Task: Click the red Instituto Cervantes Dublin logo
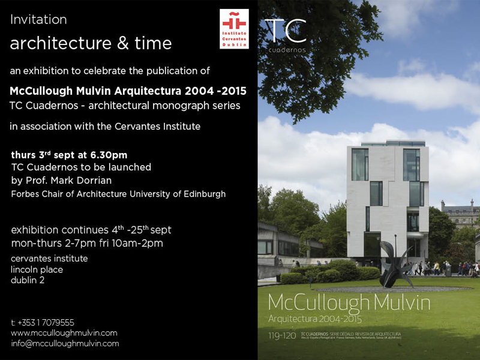coord(234,29)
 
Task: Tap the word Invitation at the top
coord(38,19)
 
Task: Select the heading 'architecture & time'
coord(91,43)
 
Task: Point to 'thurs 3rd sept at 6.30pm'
coord(69,155)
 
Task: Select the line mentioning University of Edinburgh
coord(118,194)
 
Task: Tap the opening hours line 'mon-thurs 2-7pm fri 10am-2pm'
coord(87,244)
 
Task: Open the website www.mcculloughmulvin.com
coord(64,333)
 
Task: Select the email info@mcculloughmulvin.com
coord(65,344)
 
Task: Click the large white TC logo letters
coord(286,31)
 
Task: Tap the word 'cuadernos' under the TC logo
coord(286,50)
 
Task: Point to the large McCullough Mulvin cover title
coord(349,303)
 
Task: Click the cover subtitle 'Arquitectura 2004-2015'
coord(319,317)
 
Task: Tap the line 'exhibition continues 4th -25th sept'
coord(91,230)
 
